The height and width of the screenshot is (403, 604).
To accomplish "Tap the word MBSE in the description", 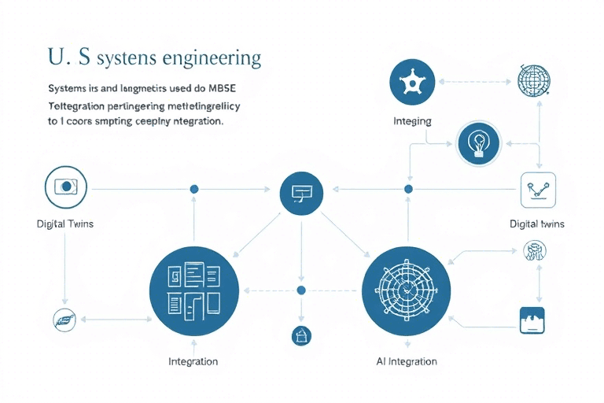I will point(225,87).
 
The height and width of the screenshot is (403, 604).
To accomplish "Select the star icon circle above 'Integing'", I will point(412,81).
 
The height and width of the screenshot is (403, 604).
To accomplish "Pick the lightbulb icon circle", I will point(478,143).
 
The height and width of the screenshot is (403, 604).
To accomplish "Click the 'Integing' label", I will point(412,122).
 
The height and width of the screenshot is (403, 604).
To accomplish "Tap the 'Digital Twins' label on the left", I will point(65,224).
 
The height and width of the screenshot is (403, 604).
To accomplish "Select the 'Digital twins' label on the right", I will point(537,224).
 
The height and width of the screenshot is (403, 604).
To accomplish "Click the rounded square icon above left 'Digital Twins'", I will point(66,187).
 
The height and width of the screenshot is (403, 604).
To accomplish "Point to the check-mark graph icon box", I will point(539,189).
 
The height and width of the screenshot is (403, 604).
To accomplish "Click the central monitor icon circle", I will point(302,191).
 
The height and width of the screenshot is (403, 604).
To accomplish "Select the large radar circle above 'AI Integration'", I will point(405,289).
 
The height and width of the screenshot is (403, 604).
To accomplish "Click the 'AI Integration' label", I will point(407,362).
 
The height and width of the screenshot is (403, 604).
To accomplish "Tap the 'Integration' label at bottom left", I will point(193,362).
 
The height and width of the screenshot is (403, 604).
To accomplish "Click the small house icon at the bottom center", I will point(301,335).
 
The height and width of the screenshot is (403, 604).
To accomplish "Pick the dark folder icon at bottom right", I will point(532,320).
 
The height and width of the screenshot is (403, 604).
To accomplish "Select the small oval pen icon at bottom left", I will point(62,319).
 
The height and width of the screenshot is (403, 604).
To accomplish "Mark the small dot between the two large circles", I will point(300,290).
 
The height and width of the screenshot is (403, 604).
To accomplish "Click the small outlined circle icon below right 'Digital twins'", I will point(534,251).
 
